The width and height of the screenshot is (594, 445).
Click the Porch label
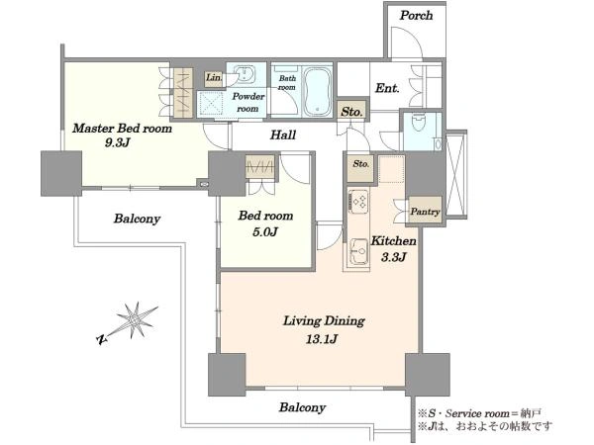(417, 16)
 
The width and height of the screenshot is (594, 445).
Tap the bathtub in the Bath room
(318, 92)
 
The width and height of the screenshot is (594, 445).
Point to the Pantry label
(426, 212)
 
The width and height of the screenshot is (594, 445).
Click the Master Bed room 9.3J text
(122, 134)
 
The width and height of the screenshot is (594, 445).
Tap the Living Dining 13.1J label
(324, 329)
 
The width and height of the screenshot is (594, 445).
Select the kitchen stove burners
(358, 201)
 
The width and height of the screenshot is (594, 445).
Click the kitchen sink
(358, 251)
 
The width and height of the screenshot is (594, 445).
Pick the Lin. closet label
(214, 77)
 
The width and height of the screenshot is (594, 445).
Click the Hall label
(283, 134)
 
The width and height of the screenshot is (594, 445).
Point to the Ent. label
(387, 88)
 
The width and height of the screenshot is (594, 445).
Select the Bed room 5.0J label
(265, 223)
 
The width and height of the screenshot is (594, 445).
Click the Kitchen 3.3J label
(394, 248)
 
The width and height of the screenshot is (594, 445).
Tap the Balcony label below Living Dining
(302, 407)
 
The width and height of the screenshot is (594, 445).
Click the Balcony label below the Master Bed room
(138, 219)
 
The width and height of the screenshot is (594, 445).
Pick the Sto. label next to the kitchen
(361, 164)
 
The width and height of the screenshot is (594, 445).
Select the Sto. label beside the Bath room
(351, 112)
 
